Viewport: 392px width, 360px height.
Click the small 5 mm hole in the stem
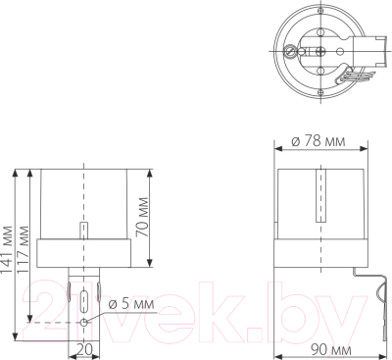tap(85, 321)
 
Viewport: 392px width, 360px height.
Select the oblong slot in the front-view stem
tap(85, 299)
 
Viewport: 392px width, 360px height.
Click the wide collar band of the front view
tap(85, 251)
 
